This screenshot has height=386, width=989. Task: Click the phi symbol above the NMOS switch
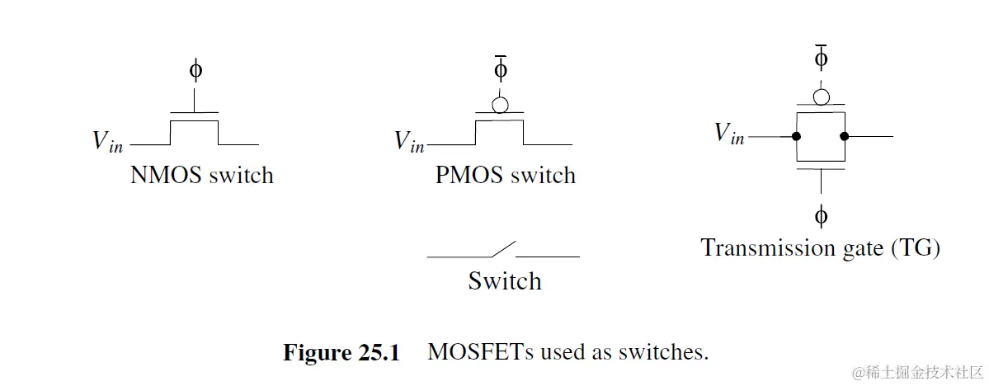195,71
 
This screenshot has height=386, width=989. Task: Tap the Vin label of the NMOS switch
108,141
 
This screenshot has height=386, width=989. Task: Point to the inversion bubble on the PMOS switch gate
500,106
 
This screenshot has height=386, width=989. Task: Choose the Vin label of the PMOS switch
409,141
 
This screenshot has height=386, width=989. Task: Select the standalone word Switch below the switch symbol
505,281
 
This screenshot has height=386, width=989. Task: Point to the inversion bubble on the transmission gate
821,97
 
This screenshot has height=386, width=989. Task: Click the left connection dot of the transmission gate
797,136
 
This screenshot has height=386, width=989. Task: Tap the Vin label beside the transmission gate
729,133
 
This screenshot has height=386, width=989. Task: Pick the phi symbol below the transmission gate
821,217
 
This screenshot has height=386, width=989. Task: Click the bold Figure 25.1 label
341,353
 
